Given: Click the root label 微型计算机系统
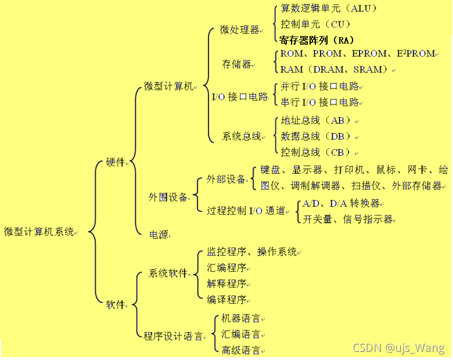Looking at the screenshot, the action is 39,232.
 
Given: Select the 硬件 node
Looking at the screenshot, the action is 116,163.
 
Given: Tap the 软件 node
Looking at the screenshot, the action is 116,304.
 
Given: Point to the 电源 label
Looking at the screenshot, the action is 159,235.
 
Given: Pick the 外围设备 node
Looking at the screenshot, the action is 168,197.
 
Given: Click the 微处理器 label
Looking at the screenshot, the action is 239,30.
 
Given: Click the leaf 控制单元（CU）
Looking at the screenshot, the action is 315,24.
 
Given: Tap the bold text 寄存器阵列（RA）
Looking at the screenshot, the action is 317,40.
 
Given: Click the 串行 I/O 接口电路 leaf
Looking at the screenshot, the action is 319,102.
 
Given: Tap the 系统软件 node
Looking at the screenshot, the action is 168,273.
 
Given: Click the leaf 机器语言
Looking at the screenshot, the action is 241,319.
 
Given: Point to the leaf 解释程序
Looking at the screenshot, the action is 227,283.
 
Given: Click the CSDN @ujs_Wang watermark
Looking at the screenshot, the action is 398,348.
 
